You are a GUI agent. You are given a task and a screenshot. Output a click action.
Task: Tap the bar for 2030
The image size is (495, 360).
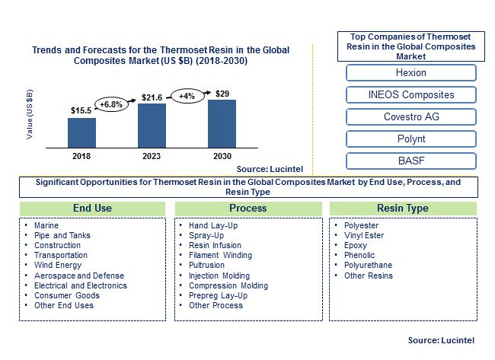pos(222,123)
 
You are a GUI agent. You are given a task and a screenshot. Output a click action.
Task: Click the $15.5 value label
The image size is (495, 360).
pos(81,111)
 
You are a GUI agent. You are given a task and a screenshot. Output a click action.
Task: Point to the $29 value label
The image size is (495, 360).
pos(222,93)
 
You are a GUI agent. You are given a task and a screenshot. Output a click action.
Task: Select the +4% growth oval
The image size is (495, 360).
pos(187,97)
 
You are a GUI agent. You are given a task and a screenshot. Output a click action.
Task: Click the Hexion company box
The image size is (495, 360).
pos(410,73)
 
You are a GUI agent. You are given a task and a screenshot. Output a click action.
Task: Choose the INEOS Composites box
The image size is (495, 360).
pos(410,95)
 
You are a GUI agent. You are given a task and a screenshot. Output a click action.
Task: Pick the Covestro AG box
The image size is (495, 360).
pos(410,117)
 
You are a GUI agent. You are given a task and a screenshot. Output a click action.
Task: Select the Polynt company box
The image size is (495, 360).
pos(410,139)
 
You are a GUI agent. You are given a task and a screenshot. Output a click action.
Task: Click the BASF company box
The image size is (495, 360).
pos(410,161)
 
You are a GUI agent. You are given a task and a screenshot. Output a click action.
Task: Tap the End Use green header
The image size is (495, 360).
pos(92,208)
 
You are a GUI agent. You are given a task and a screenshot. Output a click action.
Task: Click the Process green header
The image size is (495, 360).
pos(247,208)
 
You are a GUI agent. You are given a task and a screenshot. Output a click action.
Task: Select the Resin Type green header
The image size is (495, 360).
pos(402,208)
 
